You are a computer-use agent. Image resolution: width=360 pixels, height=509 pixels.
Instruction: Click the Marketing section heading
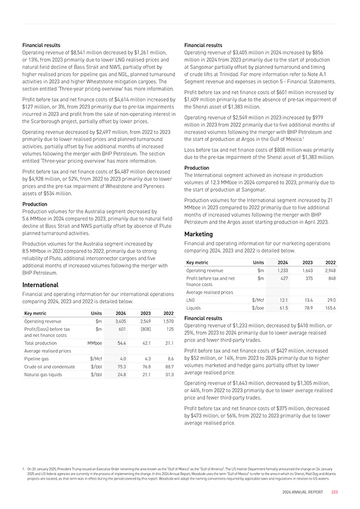pyautogui.click(x=198, y=234)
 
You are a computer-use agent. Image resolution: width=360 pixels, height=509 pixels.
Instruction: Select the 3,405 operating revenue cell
pyautogui.click(x=120, y=321)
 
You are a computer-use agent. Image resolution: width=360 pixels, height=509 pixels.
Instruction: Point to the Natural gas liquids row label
pyautogui.click(x=43, y=374)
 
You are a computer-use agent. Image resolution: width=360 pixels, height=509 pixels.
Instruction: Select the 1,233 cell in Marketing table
pyautogui.click(x=282, y=270)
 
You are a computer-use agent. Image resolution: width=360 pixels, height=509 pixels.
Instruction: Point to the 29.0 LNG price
pyautogui.click(x=330, y=300)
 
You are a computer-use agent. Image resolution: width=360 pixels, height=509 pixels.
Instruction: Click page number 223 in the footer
pyautogui.click(x=334, y=492)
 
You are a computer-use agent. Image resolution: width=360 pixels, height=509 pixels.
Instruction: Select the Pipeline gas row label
pyautogui.click(x=38, y=358)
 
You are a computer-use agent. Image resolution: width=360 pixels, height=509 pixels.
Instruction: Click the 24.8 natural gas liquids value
pyautogui.click(x=121, y=374)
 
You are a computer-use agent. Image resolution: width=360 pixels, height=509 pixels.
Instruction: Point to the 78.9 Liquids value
pyautogui.click(x=307, y=307)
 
